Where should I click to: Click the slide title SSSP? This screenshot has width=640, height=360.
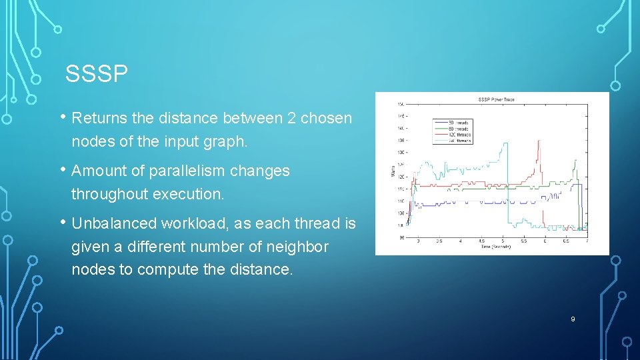pos(96,74)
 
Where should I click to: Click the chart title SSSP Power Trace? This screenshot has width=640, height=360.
pos(496,100)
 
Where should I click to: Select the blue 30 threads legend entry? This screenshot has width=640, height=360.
pos(460,123)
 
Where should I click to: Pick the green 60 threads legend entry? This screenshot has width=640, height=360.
pos(460,129)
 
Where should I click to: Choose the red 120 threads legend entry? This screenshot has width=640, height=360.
pos(460,135)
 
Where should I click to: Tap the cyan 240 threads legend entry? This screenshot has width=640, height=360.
pos(460,141)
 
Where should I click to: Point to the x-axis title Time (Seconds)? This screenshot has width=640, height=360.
pos(496,247)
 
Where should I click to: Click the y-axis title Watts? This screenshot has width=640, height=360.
pos(393,172)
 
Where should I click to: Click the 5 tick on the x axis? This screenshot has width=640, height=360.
pos(503,241)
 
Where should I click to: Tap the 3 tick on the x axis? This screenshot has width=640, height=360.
pos(418,241)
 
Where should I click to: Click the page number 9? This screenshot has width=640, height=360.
pos(572,319)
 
